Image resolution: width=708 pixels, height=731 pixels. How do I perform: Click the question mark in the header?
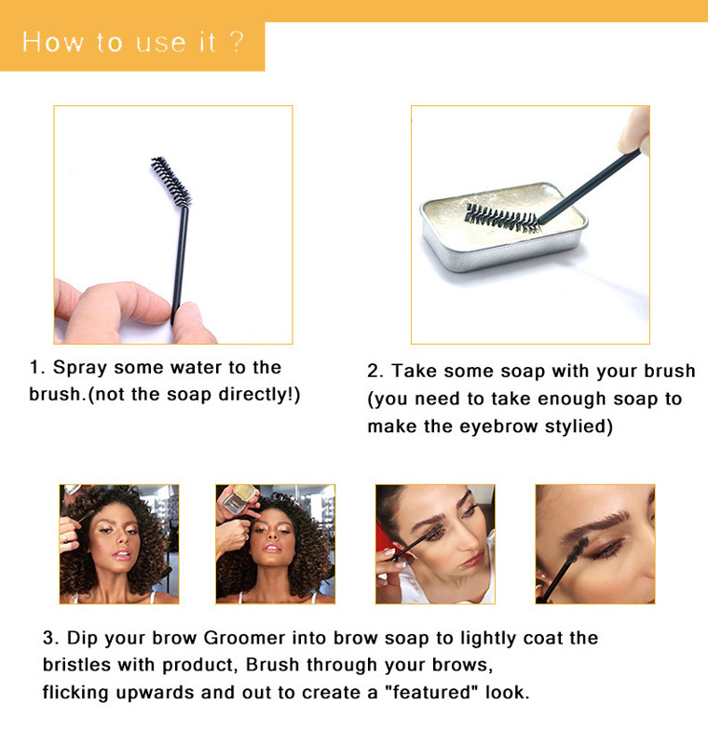point(237,42)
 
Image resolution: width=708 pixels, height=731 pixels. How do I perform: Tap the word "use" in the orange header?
point(161,43)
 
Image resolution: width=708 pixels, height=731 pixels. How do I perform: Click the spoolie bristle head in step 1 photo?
point(170,181)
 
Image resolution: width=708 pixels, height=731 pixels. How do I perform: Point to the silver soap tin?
point(504,226)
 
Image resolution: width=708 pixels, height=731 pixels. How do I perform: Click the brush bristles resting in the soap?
point(502,218)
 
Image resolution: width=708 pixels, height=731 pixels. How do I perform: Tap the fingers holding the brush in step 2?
point(634,130)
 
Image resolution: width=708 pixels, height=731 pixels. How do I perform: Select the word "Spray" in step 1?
point(80,368)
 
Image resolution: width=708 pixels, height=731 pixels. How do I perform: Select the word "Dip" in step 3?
point(83,638)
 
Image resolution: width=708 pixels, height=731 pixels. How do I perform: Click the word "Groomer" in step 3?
point(244,638)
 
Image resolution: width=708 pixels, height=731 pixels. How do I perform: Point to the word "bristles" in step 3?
point(76,665)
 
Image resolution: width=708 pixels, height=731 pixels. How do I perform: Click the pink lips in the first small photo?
point(122,554)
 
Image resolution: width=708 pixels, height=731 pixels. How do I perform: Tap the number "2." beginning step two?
point(375,372)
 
